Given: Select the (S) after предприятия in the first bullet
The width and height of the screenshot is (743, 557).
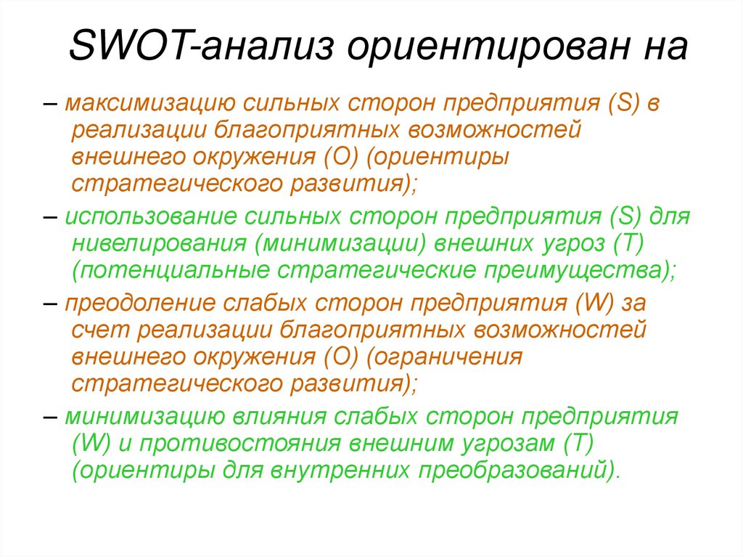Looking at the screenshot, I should click(x=621, y=104).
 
